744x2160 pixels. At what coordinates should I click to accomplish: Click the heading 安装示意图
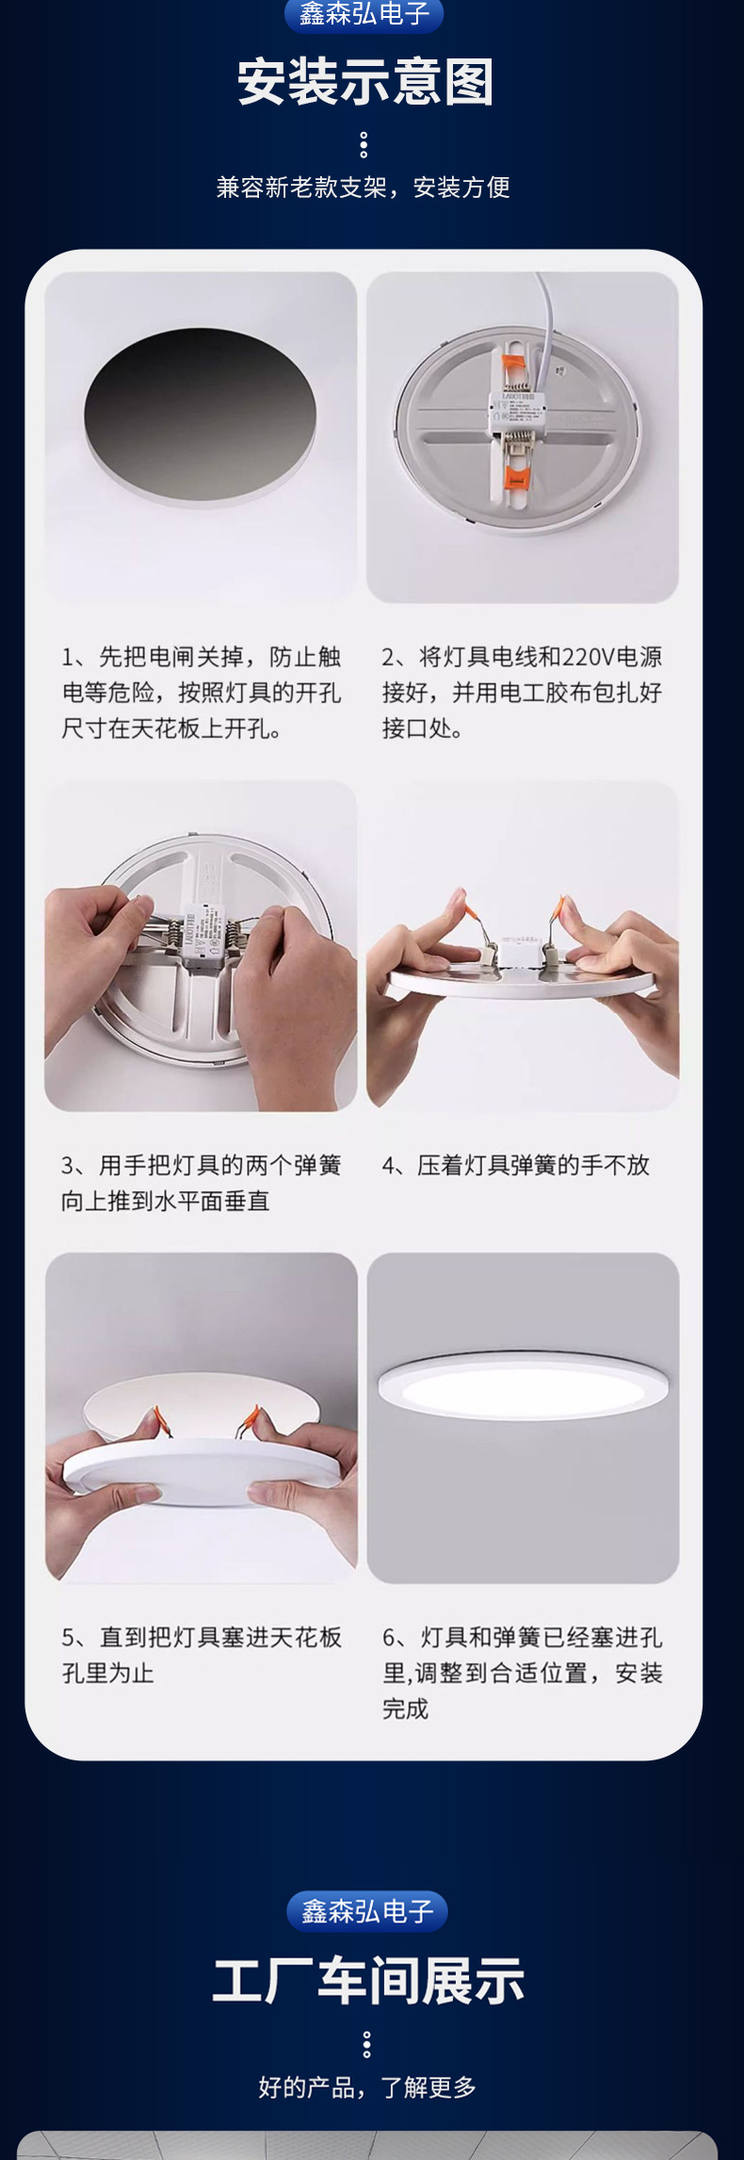pos(365,82)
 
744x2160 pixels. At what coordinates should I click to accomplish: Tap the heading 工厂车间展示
pos(367,1980)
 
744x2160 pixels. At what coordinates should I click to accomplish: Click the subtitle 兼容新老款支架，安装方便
pos(364,188)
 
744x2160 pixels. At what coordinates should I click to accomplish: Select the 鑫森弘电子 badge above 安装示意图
pos(364,14)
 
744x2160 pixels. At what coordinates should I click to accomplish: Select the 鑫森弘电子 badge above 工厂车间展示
pos(366,1910)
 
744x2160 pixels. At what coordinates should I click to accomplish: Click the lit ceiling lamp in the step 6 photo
pos(523,1385)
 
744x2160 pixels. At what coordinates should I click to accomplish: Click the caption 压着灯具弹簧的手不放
pos(533,1166)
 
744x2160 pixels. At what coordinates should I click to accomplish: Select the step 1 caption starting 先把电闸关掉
pos(202,693)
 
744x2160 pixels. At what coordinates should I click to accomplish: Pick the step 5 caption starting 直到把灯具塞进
pos(202,1655)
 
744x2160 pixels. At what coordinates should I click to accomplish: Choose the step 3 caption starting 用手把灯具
pos(201,1184)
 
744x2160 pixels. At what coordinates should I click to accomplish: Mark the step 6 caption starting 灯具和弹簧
pos(523,1673)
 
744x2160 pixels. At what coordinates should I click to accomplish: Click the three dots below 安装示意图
pos(364,145)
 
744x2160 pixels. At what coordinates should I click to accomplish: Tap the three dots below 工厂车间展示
pos(366,2044)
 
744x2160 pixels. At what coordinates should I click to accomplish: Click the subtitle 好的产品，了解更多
pos(367,2087)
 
